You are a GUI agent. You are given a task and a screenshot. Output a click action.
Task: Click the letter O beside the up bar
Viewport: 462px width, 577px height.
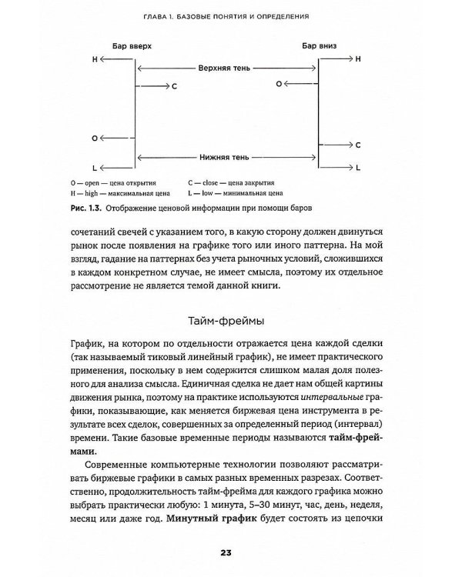tap(94, 139)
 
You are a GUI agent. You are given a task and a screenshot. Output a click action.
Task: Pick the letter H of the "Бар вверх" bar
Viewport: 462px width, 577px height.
tap(95, 58)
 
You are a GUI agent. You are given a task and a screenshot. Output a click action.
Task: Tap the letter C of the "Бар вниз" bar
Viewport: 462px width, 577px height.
tap(357, 144)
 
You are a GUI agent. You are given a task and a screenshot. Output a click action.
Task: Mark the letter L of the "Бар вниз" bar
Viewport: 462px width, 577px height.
tap(357, 166)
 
